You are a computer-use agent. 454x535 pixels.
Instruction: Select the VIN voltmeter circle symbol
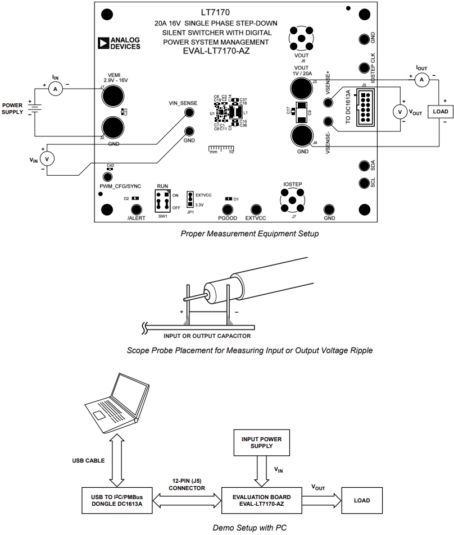[47, 159]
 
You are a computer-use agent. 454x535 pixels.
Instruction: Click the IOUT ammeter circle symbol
[419, 81]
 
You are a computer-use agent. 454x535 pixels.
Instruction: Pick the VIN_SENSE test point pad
[190, 113]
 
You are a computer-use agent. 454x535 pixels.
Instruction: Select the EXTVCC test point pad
[256, 209]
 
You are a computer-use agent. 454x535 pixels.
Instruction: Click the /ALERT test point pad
[136, 209]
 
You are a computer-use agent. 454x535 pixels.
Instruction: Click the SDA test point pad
[363, 166]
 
